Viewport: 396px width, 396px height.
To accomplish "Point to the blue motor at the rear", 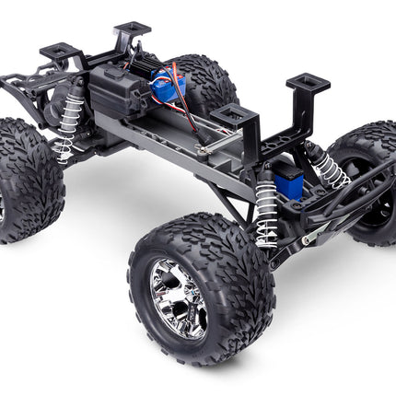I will point(171,86).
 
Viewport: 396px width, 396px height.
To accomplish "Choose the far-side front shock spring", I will point(330,166).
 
